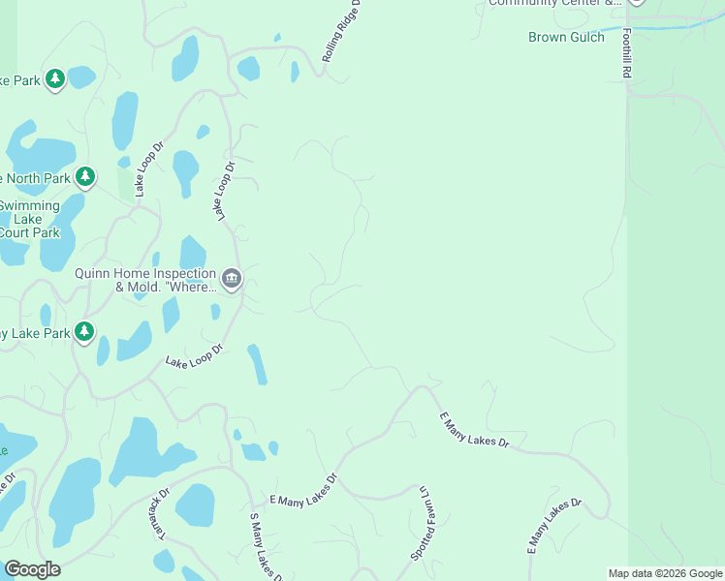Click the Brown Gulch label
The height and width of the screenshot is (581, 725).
point(566,37)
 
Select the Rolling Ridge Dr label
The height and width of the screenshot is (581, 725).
point(341,32)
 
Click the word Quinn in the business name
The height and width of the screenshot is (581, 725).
point(95,273)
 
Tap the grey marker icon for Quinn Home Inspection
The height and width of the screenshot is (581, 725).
point(232,280)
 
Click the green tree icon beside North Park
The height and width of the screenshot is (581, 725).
point(86,177)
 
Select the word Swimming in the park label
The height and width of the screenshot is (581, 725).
point(29,205)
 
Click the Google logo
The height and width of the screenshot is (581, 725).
point(32,569)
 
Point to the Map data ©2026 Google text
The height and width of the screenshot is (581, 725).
point(664,573)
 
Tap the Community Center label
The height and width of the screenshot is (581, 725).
point(553,3)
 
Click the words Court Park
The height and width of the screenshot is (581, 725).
point(29,232)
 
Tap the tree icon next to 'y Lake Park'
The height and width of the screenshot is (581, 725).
point(84,332)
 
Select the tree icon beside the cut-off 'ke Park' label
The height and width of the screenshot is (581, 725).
point(55,78)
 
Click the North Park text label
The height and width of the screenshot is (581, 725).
point(37,178)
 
